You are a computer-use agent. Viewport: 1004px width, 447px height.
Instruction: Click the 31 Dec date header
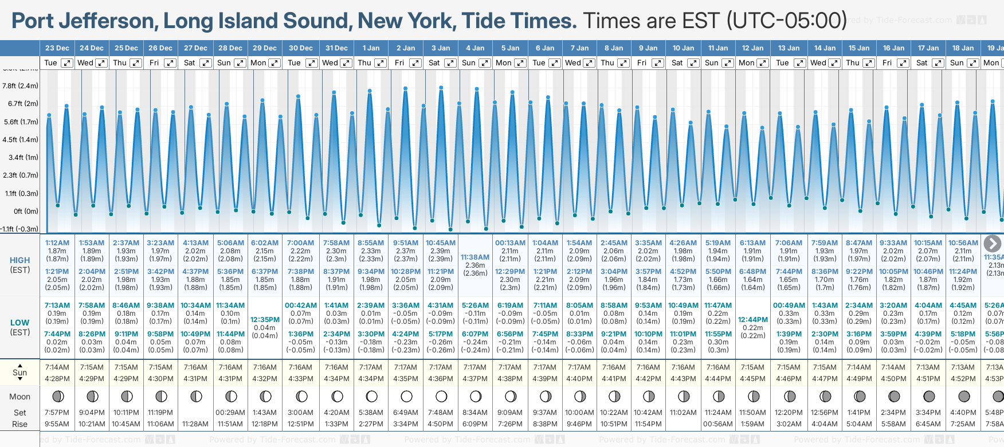(336, 48)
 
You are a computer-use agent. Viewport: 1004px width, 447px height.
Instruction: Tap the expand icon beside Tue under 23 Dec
(67, 63)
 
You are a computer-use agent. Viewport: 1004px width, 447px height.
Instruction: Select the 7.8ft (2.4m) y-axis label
(20, 86)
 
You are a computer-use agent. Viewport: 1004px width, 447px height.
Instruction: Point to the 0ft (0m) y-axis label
(26, 211)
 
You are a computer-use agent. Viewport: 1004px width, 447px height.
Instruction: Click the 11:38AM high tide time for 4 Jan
(475, 257)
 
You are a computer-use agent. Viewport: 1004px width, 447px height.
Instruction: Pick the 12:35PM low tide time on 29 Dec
(265, 320)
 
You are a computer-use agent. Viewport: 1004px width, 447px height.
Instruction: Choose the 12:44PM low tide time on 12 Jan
(752, 320)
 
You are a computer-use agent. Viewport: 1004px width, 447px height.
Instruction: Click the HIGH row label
(19, 260)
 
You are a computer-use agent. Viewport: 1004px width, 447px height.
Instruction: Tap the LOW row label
(19, 323)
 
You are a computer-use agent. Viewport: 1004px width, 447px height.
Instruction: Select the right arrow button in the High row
(993, 244)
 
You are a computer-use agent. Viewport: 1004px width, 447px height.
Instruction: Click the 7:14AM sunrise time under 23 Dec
(57, 367)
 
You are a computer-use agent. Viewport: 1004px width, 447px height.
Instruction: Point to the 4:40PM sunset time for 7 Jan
(579, 379)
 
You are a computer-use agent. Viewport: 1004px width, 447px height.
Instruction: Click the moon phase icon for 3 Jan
(441, 397)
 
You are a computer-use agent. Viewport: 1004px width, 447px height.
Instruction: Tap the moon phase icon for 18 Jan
(964, 397)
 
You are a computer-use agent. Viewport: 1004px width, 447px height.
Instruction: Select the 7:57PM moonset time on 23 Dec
(57, 413)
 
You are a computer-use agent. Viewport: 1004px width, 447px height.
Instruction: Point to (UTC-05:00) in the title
(786, 21)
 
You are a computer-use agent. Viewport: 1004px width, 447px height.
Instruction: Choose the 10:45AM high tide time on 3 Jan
(440, 243)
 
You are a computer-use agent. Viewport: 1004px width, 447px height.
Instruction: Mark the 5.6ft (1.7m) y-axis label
(20, 122)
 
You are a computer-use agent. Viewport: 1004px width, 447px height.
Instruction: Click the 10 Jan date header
(683, 48)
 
